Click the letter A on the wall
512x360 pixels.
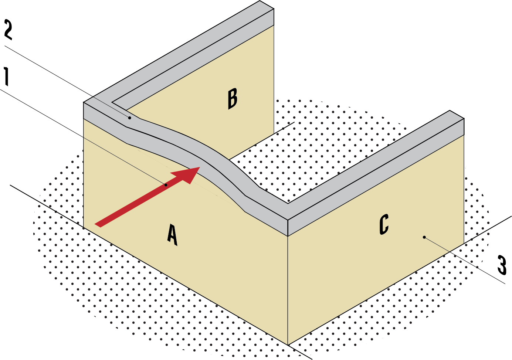172,234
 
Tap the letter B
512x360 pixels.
232,99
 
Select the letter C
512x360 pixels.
384,224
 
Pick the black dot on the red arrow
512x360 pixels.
166,185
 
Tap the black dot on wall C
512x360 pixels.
424,237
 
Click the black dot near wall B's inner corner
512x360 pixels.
129,118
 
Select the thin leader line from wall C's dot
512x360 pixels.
437,244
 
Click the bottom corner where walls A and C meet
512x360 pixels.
288,344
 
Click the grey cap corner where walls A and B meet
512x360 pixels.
92,105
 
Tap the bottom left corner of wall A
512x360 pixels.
84,227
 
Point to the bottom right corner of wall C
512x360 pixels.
463,243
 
